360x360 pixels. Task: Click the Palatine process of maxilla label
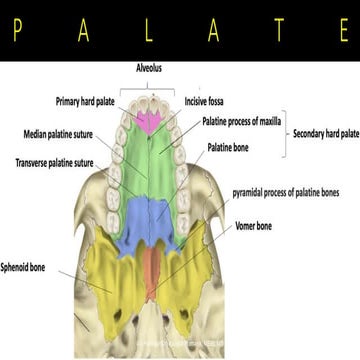click(244, 121)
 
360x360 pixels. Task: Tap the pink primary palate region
click(149, 121)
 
